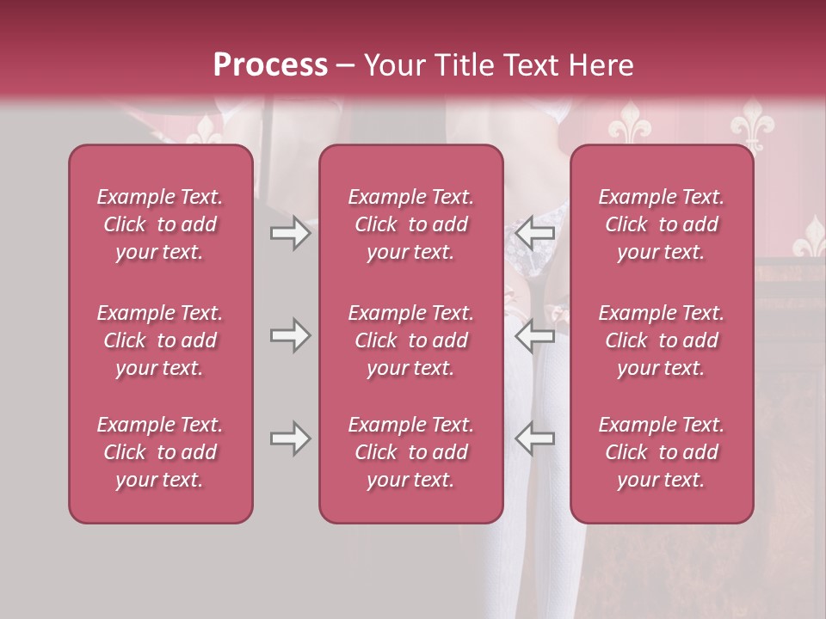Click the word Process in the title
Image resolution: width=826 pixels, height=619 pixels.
270,65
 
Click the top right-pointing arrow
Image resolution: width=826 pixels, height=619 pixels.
290,233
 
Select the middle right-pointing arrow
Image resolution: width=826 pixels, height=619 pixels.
290,335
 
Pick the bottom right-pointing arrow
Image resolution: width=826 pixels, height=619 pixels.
290,438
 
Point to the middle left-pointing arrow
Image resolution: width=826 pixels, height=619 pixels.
535,335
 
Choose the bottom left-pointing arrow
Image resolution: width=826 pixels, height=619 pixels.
535,438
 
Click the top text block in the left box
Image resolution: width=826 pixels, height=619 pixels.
160,224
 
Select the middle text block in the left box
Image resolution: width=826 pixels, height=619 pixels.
160,340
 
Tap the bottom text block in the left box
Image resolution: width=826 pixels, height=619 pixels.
160,452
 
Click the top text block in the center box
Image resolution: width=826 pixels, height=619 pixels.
410,224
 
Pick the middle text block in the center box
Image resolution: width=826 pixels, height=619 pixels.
410,340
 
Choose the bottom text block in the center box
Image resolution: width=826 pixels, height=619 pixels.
410,452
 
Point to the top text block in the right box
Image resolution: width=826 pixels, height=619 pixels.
661,224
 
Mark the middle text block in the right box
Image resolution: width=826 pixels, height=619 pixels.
661,340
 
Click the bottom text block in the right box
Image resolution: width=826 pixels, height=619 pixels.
661,452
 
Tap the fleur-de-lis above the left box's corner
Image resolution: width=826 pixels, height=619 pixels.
205,129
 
